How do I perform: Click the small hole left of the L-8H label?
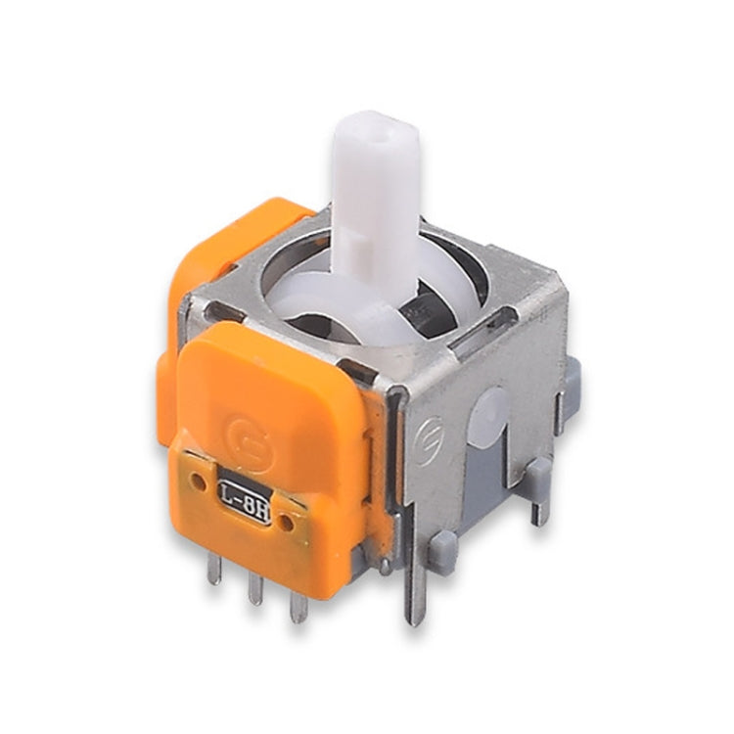(x=200, y=481)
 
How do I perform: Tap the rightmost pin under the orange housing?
(x=298, y=607)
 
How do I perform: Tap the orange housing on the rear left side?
(x=210, y=264)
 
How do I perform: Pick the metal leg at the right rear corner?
(x=539, y=504)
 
